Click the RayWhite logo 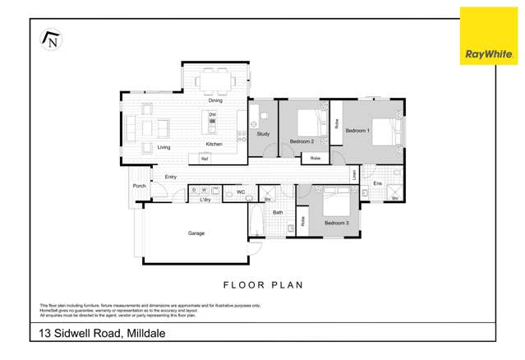[488, 36]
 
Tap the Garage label [196, 233]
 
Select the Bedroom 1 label [357, 131]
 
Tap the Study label [263, 133]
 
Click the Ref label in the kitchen [205, 159]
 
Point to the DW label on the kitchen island [212, 114]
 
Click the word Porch [139, 187]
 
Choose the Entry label [171, 177]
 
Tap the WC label [241, 192]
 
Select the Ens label [378, 183]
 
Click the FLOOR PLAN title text [263, 285]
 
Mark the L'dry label [205, 199]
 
